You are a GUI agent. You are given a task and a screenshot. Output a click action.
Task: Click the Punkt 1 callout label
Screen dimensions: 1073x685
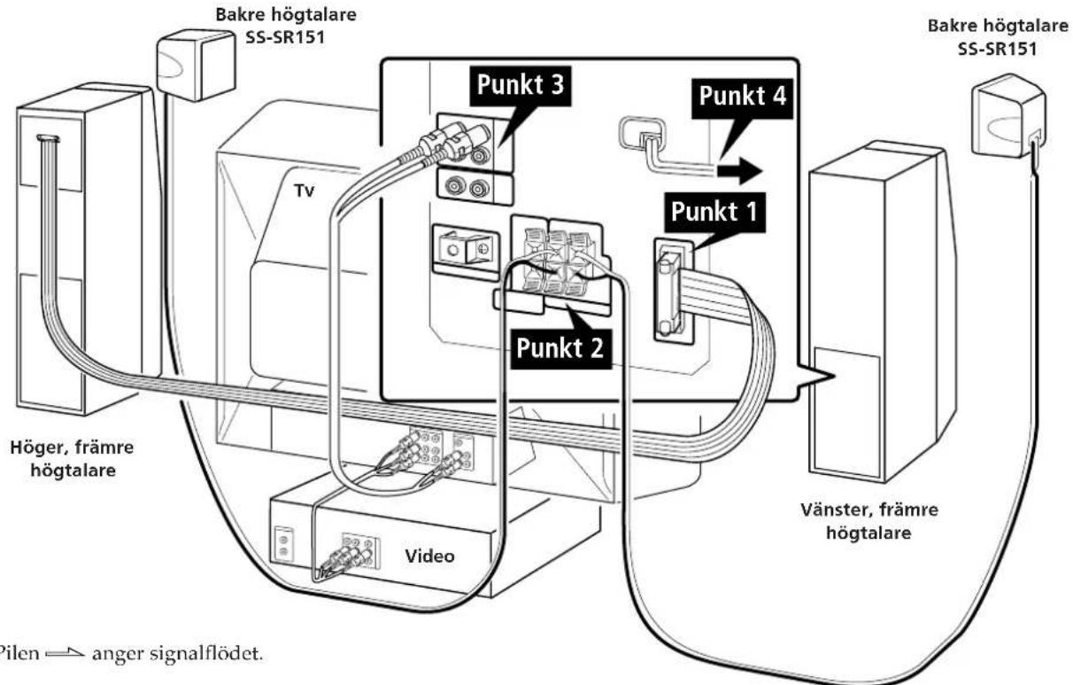(x=714, y=213)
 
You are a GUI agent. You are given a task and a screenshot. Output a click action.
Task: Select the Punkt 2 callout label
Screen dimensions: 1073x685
(x=560, y=348)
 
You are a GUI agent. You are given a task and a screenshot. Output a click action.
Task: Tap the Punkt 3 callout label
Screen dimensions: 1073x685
(x=521, y=85)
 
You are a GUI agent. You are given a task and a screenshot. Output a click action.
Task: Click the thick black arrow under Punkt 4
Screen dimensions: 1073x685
(x=738, y=171)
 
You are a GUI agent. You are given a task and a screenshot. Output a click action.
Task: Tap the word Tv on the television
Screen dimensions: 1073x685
(x=305, y=191)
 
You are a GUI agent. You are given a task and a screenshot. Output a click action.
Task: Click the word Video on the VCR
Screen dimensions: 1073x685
(x=429, y=556)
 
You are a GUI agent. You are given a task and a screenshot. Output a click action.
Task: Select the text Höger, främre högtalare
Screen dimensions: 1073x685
(x=73, y=459)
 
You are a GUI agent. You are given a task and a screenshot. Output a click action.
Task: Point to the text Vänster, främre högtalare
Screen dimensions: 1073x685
(x=869, y=521)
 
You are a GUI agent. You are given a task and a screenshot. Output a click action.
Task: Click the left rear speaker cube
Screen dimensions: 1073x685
(x=197, y=65)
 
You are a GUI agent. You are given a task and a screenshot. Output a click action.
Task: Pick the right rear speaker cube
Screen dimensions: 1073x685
(x=1007, y=115)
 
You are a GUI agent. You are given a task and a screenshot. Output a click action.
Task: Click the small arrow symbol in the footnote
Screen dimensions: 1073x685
(x=65, y=653)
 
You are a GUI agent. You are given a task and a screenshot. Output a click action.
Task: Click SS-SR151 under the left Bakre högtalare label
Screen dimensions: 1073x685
(x=285, y=37)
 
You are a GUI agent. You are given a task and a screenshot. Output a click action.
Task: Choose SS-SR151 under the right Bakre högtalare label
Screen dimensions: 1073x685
(x=998, y=49)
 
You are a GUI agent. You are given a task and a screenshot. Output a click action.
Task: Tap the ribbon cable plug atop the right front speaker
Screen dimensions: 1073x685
(x=49, y=139)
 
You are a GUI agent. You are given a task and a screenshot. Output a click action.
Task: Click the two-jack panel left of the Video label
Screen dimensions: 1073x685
(x=283, y=544)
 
